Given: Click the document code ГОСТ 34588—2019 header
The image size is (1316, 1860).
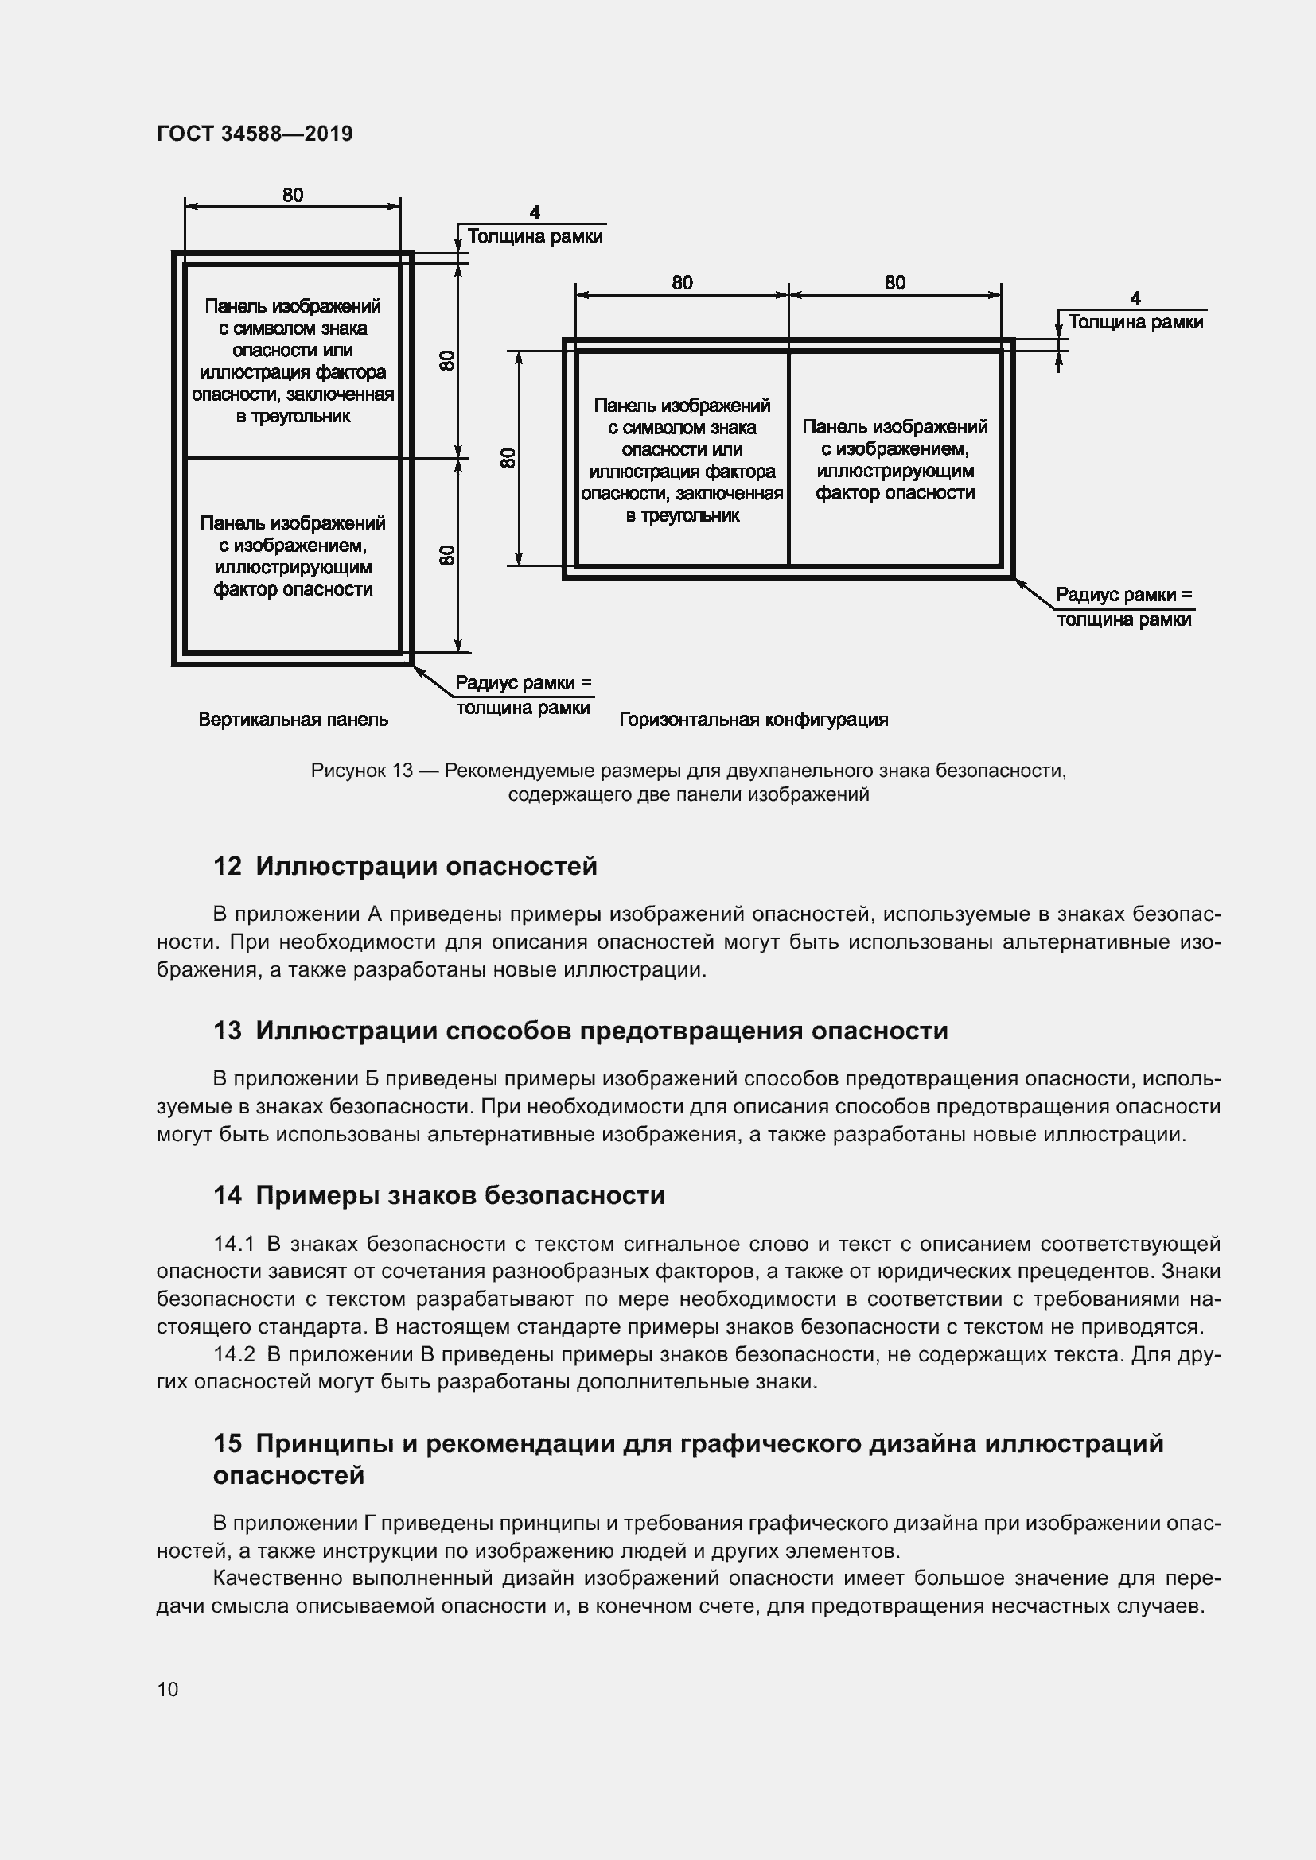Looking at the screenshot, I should tap(255, 134).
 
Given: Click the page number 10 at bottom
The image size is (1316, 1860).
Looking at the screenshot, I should tap(168, 1689).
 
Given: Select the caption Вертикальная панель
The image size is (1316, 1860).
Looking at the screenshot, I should tap(294, 720).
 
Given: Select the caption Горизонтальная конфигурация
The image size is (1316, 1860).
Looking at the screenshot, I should tap(753, 720).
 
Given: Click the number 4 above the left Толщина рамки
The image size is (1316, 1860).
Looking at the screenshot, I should tap(535, 212).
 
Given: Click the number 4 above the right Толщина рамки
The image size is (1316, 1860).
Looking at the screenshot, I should tap(1135, 298).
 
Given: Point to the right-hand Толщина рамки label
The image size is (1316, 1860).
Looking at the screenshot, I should tap(1135, 322).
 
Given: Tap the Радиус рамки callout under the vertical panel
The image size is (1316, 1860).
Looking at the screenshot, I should tap(524, 695).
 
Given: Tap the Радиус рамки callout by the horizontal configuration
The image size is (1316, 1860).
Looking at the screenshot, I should tap(1124, 608).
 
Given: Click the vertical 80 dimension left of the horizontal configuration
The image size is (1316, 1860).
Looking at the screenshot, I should tap(508, 458).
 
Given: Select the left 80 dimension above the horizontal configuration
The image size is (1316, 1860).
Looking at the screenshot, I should tap(683, 283).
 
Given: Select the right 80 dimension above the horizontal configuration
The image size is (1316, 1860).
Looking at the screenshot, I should tap(894, 283).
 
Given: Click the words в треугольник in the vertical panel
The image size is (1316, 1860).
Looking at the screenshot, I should tap(294, 417).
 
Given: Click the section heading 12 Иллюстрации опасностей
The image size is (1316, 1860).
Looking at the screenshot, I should tap(405, 866).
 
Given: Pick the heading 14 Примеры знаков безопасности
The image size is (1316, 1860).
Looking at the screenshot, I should tap(439, 1195).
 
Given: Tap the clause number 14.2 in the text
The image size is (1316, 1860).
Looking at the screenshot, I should tap(234, 1353).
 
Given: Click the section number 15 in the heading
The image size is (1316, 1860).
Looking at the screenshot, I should tap(228, 1443).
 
